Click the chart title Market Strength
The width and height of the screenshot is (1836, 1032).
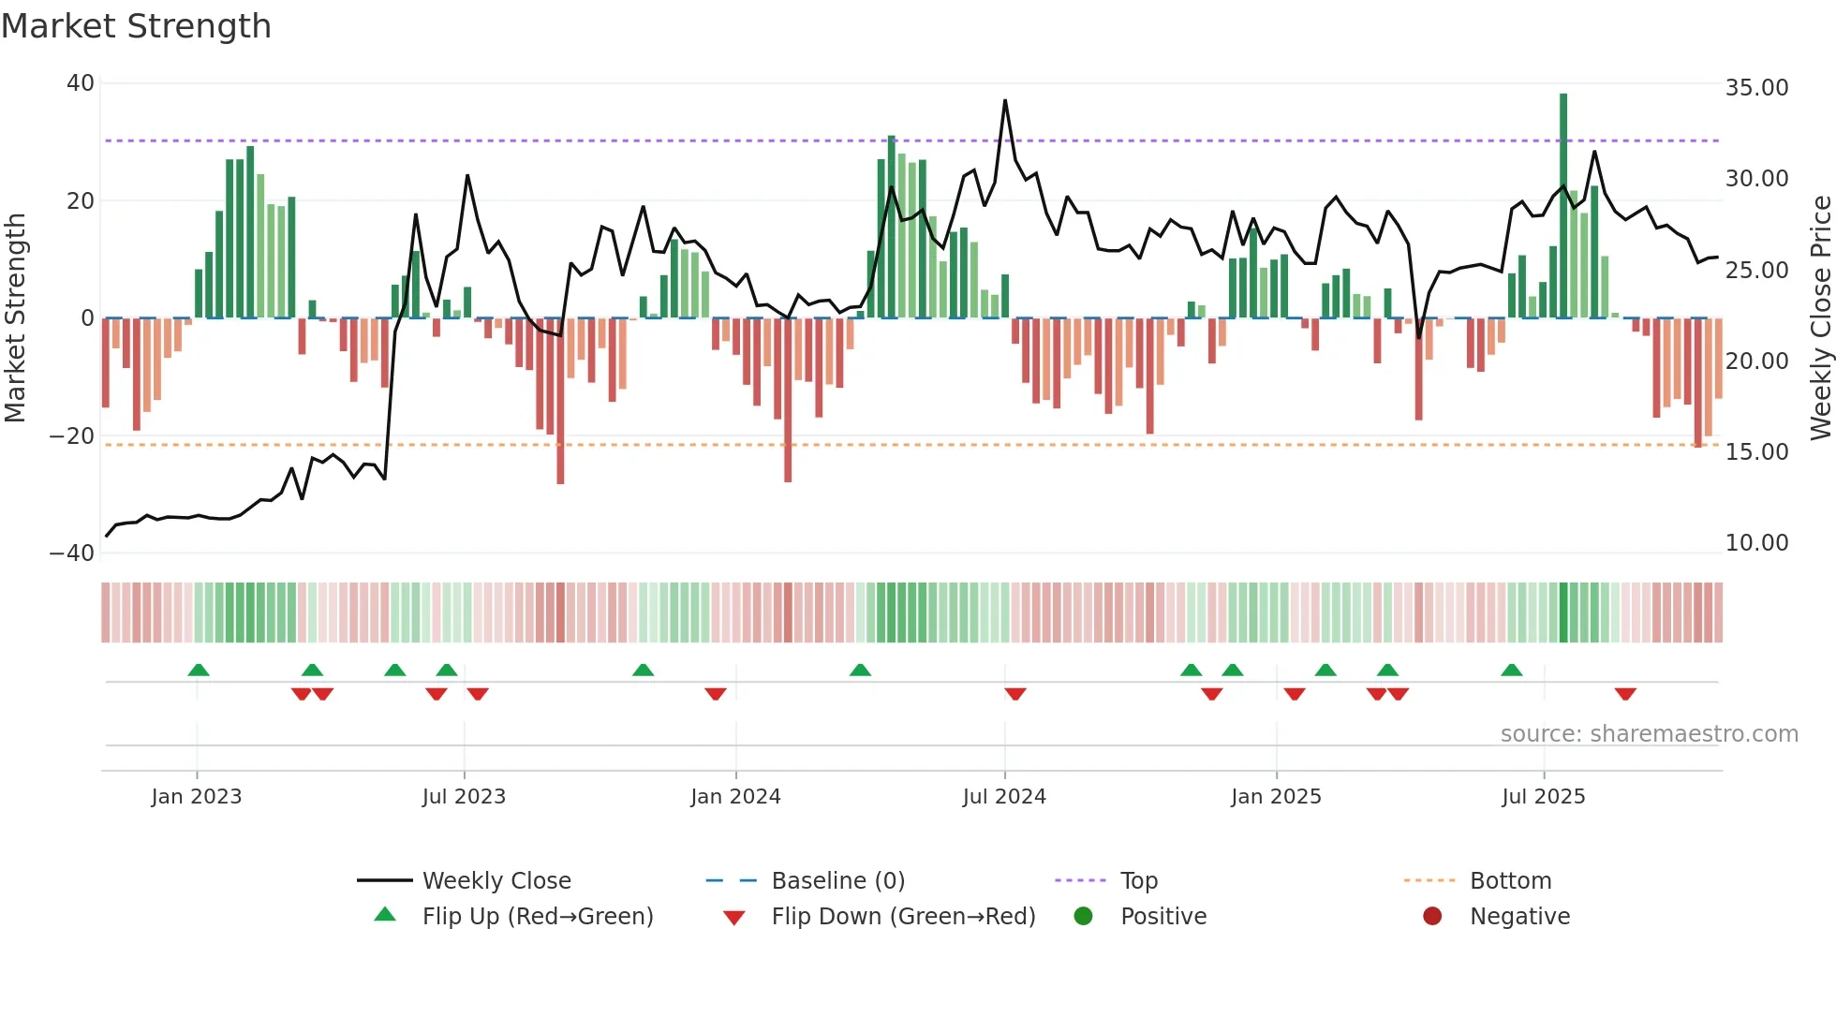tap(136, 26)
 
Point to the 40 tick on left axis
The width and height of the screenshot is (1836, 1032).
tap(81, 83)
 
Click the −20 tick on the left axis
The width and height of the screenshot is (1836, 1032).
tap(72, 435)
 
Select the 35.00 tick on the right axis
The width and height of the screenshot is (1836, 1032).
tap(1756, 88)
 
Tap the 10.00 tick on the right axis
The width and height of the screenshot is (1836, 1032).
tap(1756, 543)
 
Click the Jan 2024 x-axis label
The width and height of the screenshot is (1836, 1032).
tap(735, 797)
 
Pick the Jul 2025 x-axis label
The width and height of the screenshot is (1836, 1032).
tap(1543, 797)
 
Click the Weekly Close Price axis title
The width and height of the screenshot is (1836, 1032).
tap(1820, 318)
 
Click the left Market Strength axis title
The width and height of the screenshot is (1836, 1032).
tap(16, 318)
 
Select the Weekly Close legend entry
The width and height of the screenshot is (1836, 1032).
tap(496, 881)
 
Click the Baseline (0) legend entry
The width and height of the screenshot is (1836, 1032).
tap(837, 881)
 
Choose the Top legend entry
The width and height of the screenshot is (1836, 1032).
tap(1138, 881)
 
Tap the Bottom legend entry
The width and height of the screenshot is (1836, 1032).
tap(1510, 881)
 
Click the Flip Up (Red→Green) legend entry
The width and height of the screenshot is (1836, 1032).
tap(537, 917)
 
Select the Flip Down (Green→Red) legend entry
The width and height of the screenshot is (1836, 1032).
tap(903, 917)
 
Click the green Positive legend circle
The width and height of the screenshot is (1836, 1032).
tap(1084, 917)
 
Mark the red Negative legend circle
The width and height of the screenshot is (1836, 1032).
tap(1432, 917)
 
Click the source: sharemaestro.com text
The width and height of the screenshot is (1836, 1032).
tap(1649, 734)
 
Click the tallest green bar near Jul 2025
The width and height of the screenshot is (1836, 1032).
tap(1563, 206)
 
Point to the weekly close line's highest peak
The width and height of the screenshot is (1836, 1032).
tap(1005, 101)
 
